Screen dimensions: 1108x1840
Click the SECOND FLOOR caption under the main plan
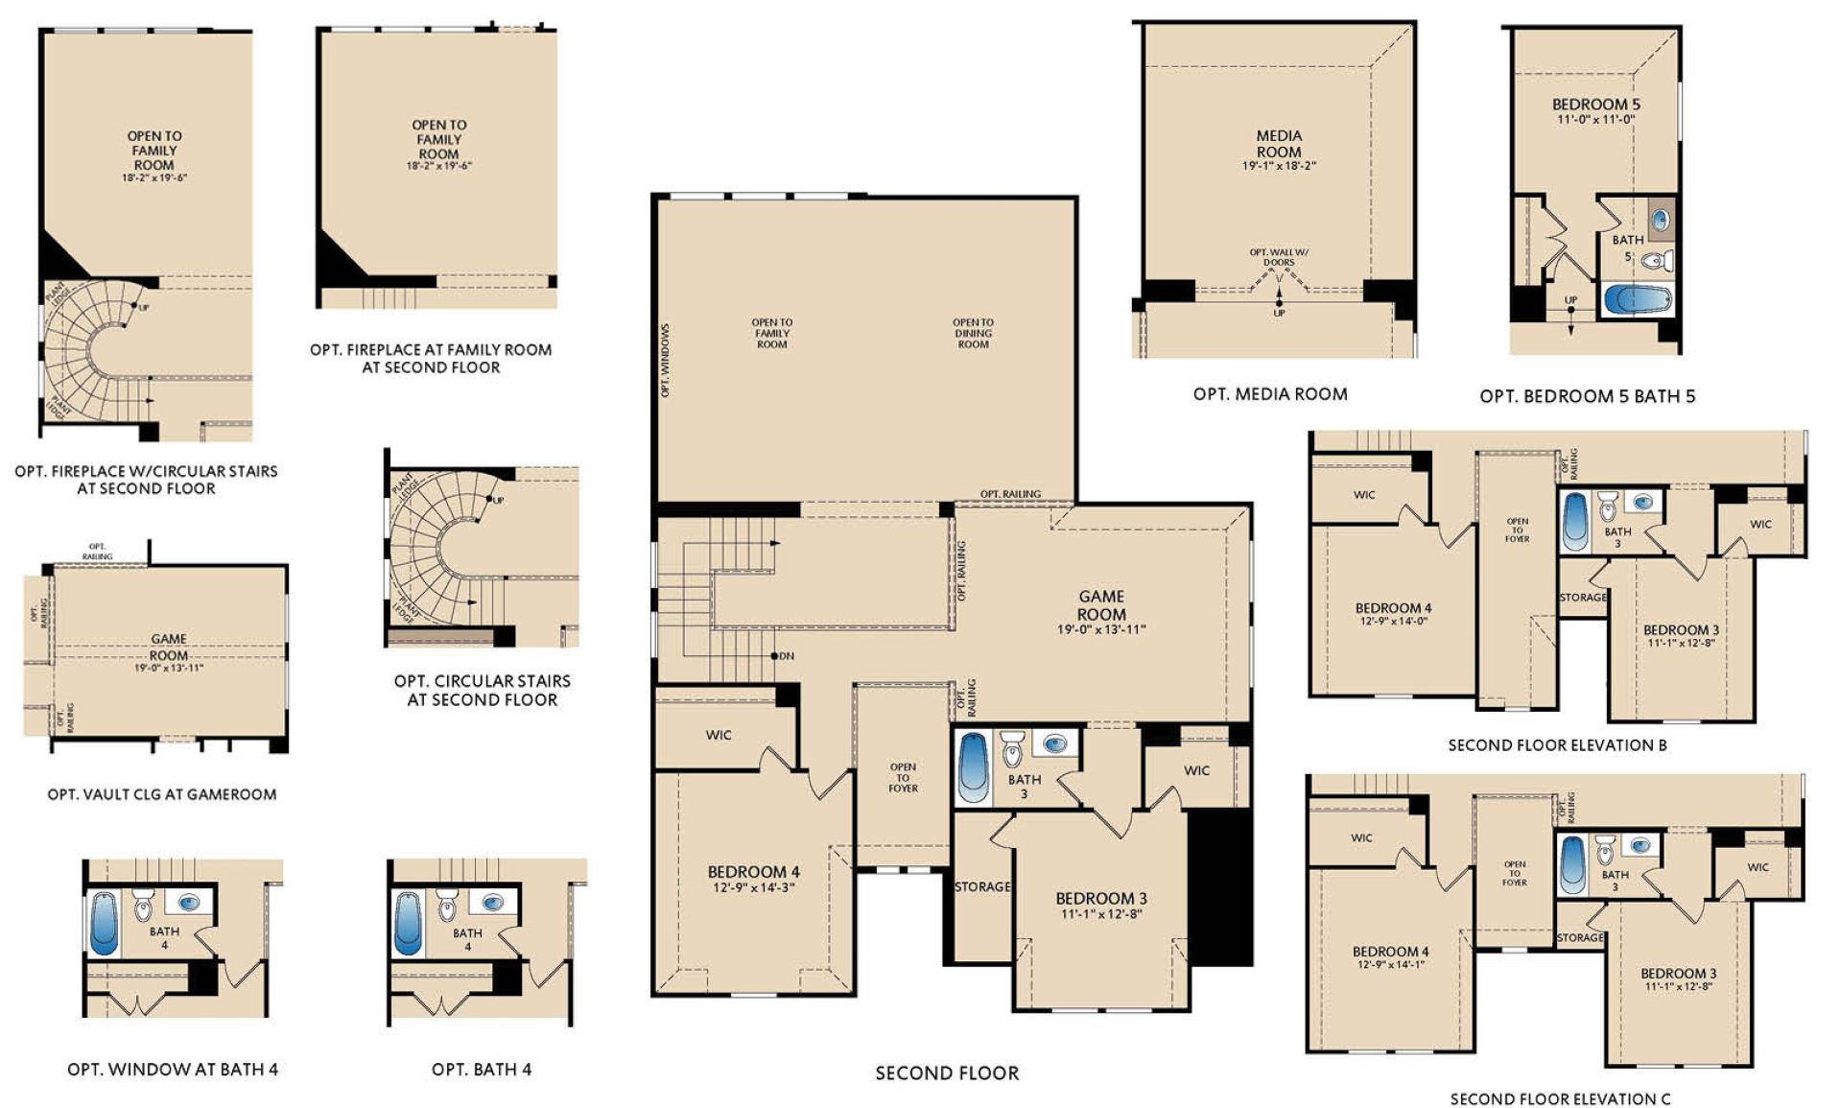coord(947,1073)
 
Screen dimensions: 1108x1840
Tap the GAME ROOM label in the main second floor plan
coord(1100,605)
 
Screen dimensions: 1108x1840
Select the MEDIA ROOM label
coord(1279,144)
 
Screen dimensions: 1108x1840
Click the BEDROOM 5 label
coord(1595,105)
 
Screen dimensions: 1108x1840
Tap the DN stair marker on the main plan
coord(785,656)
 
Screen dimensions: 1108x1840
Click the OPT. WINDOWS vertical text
coord(665,361)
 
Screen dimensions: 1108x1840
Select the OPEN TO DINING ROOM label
coord(973,333)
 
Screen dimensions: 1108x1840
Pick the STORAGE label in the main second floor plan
coord(982,887)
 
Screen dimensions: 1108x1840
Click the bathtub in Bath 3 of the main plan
coord(974,767)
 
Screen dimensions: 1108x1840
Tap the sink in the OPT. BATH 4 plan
coord(493,903)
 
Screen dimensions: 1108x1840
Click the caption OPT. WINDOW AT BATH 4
coord(173,1070)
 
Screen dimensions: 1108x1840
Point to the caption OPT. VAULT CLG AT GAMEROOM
coord(162,794)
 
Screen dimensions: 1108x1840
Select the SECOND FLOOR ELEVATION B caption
coord(1557,744)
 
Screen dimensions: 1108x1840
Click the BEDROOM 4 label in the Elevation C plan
coord(1390,952)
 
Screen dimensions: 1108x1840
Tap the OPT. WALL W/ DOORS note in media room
coord(1278,257)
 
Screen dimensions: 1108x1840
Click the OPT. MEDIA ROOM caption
coord(1270,394)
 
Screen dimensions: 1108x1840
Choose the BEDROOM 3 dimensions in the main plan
coord(1100,914)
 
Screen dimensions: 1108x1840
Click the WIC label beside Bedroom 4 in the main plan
coord(719,735)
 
